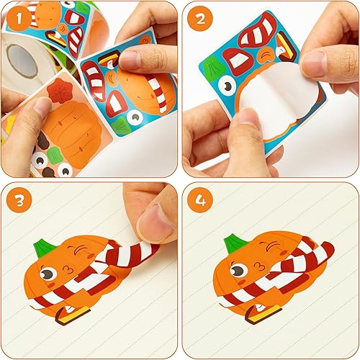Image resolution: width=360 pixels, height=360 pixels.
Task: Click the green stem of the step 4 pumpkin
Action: coord(233,244)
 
